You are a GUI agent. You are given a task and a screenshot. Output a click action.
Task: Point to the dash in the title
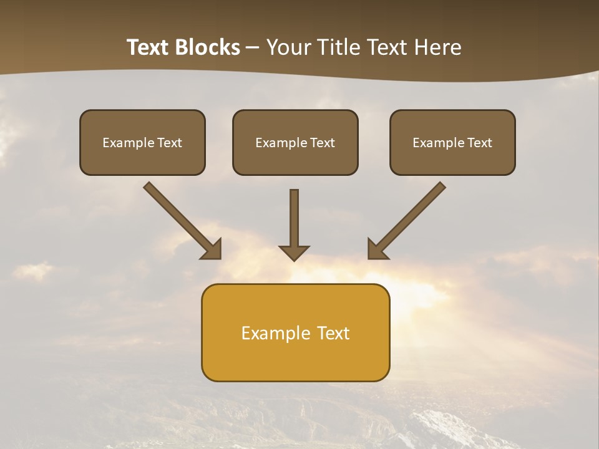pyautogui.click(x=253, y=48)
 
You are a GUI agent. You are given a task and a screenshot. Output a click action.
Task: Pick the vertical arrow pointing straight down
pyautogui.click(x=294, y=221)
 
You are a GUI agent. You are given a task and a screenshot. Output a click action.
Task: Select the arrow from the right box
pyautogui.click(x=409, y=218)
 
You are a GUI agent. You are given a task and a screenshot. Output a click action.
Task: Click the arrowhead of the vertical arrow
pyautogui.click(x=294, y=253)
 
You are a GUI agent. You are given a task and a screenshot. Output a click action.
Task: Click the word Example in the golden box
pyautogui.click(x=275, y=333)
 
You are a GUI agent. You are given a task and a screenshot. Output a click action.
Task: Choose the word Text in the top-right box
pyautogui.click(x=479, y=143)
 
